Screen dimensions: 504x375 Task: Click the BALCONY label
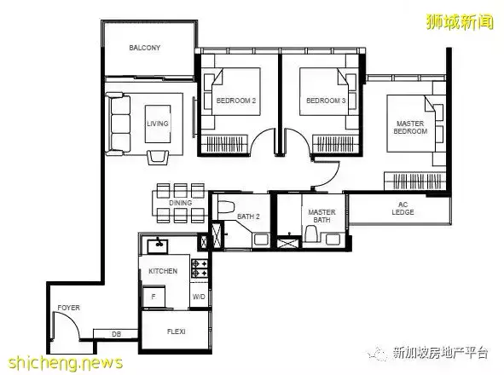tap(145, 48)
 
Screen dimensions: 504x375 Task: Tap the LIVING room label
tap(158, 124)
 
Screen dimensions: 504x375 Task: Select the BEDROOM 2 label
tap(236, 101)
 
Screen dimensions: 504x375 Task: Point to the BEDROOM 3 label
tap(326, 101)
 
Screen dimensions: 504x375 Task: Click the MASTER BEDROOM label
tap(410, 127)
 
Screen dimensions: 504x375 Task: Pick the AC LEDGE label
tap(403, 208)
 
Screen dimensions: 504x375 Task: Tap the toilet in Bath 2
tap(226, 206)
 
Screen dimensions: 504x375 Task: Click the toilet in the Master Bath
tap(311, 234)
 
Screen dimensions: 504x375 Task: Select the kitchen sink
tap(158, 246)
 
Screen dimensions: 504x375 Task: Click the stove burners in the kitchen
tap(200, 268)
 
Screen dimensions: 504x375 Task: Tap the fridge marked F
tap(154, 297)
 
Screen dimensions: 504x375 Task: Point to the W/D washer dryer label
tap(199, 297)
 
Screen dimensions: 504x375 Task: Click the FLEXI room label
tap(177, 332)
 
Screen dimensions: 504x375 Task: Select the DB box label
tap(116, 334)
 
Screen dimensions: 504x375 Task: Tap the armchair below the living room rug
tap(158, 157)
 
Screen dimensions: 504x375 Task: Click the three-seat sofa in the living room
tap(119, 124)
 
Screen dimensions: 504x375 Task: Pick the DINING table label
tap(180, 203)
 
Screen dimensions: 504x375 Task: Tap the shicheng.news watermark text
tap(66, 363)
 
